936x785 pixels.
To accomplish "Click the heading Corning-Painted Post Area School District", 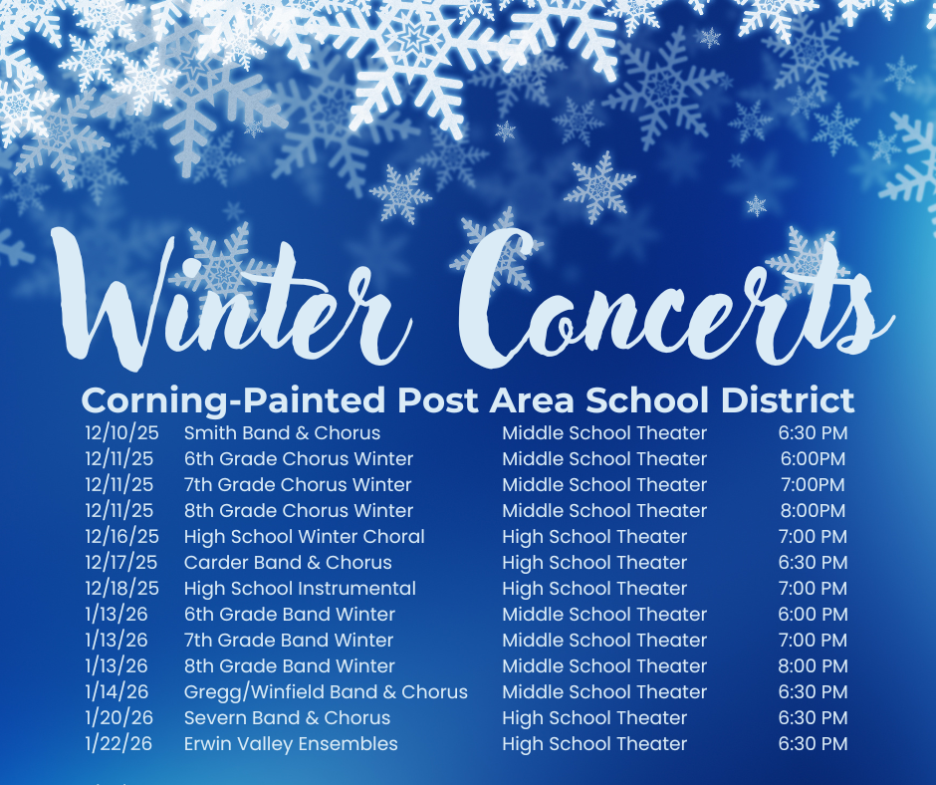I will pos(467,400).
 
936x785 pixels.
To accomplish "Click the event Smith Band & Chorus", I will pos(282,433).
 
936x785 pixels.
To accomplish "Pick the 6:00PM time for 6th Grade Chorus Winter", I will pos(813,459).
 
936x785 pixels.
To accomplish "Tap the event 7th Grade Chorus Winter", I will pos(298,485).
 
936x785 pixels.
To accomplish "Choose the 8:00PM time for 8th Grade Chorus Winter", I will pos(813,511).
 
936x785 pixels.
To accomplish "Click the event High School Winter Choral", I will pos(304,537).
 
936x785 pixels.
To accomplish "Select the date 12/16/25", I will pos(120,537).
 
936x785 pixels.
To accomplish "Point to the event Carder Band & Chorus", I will pos(288,563).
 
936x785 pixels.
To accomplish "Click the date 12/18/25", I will pos(121,589).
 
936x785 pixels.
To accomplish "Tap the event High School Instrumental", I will pos(300,589).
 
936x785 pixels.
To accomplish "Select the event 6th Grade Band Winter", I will pos(290,615).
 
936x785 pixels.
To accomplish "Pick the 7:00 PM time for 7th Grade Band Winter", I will pos(813,641).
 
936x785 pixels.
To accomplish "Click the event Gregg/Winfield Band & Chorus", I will pos(326,692).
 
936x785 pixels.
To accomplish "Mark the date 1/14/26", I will pos(117,692).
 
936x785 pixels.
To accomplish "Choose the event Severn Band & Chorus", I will pos(287,718).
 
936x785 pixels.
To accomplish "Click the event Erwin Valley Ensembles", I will pos(291,744).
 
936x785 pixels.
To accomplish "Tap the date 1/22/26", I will pos(117,744).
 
